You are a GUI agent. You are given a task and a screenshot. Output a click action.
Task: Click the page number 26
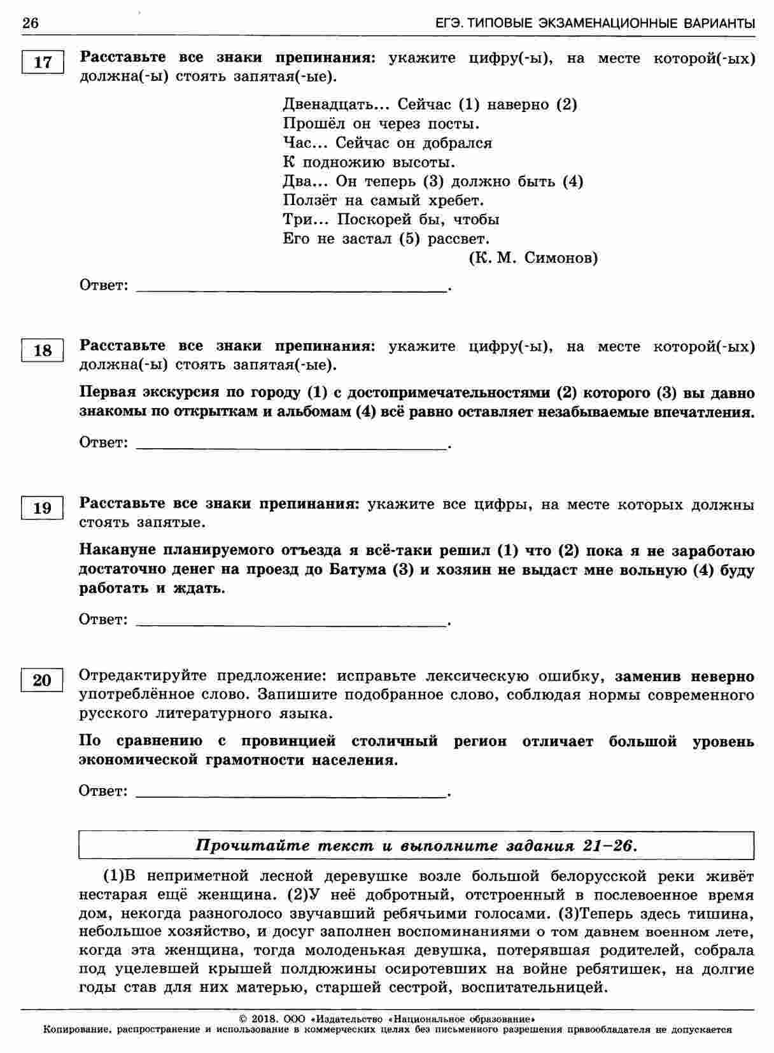tap(30, 24)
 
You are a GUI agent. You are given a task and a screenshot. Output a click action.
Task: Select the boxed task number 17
tap(42, 62)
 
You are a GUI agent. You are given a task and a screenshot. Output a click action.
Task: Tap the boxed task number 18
tap(42, 351)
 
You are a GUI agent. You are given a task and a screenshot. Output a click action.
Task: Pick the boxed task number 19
tap(42, 508)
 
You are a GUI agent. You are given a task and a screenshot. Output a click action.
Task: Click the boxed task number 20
tap(42, 681)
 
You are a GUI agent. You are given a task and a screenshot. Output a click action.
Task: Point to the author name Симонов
tap(562, 258)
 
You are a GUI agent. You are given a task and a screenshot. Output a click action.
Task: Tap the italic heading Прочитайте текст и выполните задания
tap(416, 846)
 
